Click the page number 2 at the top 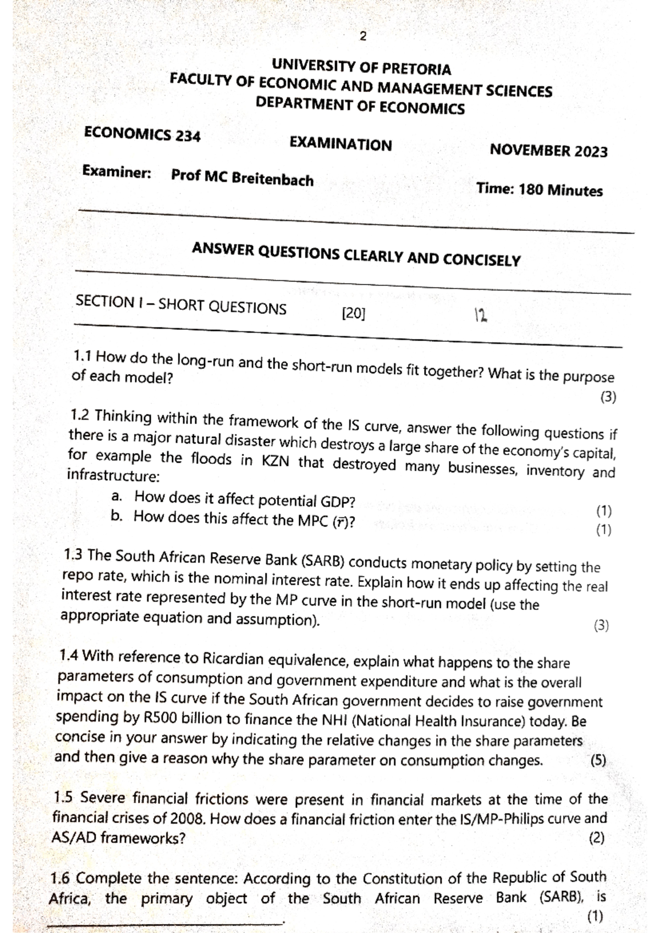pyautogui.click(x=362, y=37)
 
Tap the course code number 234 pyautogui.click(x=188, y=136)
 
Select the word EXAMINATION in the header pyautogui.click(x=340, y=145)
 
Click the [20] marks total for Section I pyautogui.click(x=353, y=314)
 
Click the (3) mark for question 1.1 pyautogui.click(x=608, y=397)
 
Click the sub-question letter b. pyautogui.click(x=116, y=517)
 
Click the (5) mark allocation pyautogui.click(x=598, y=761)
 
